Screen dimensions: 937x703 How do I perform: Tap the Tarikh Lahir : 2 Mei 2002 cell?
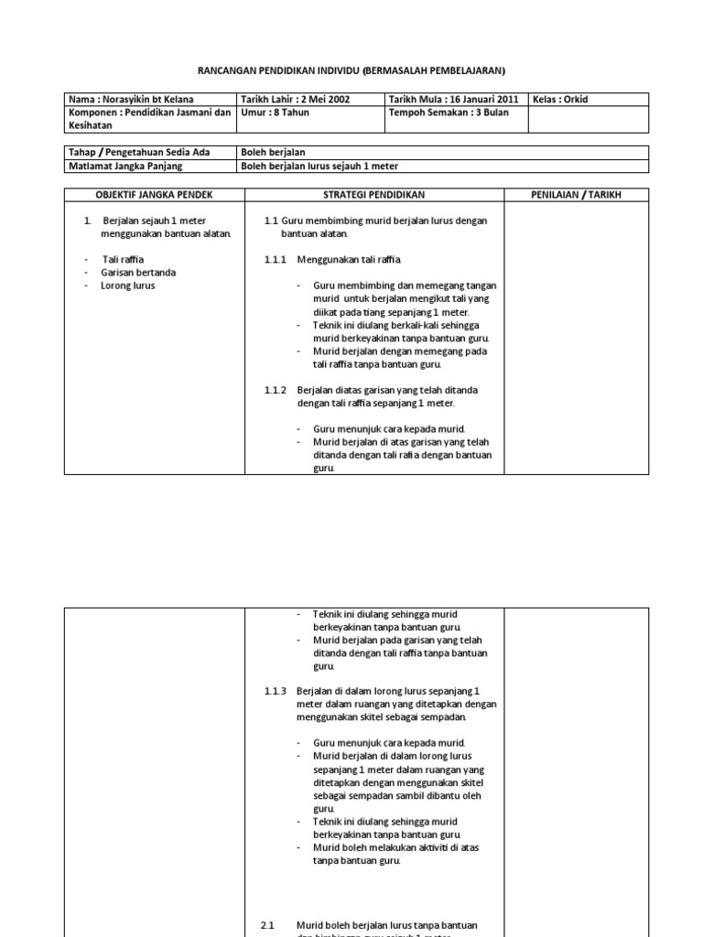click(293, 100)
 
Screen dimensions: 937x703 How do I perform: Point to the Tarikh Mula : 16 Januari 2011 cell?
click(453, 100)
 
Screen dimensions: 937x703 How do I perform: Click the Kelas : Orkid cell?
click(563, 100)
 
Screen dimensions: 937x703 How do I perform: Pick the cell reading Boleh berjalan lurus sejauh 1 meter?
click(319, 166)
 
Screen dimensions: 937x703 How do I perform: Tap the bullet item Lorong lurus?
click(129, 285)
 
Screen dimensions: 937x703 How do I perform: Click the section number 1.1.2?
click(276, 390)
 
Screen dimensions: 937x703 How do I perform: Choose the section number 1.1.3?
click(276, 691)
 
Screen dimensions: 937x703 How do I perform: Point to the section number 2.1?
click(267, 925)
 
